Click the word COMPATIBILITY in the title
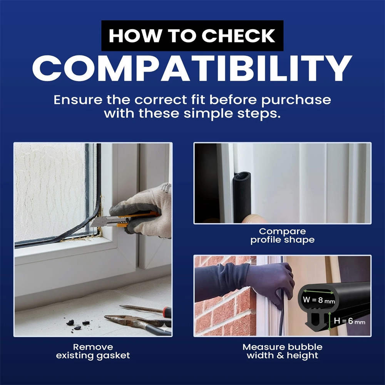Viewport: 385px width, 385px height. pos(192,68)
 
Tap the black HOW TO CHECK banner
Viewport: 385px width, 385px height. pos(192,35)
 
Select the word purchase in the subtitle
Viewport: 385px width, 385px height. pos(296,100)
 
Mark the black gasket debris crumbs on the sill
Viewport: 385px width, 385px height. pos(78,324)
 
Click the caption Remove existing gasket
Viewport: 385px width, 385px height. pos(93,351)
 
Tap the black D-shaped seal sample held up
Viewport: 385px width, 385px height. pos(242,196)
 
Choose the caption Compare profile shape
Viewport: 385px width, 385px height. pos(282,236)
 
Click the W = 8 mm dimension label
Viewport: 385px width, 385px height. pos(319,300)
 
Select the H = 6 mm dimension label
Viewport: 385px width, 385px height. pos(349,321)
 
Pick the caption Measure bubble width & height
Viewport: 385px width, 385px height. pos(282,351)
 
